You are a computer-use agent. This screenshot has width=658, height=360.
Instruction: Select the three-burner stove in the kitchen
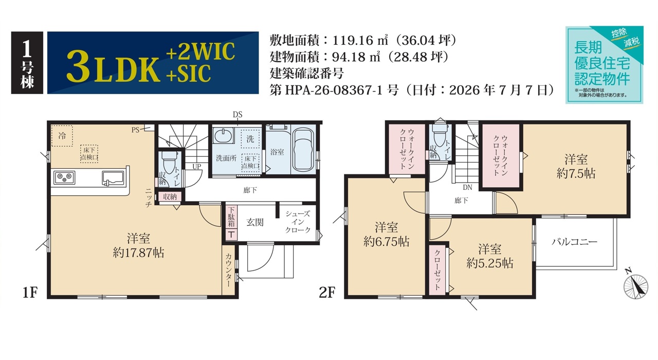64,177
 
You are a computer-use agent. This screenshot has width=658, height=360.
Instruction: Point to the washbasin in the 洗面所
223,135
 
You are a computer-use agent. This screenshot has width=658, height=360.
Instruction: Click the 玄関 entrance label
254,223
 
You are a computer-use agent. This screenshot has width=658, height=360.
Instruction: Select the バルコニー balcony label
574,242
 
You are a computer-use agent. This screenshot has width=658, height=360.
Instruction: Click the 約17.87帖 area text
138,253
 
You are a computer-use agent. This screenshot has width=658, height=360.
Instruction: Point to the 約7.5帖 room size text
576,173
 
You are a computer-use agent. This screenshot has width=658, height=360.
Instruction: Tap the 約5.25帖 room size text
490,263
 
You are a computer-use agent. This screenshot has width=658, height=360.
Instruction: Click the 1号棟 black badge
27,63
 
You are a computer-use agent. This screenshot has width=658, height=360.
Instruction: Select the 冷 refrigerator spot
62,136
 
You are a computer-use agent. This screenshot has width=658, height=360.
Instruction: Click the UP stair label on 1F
197,167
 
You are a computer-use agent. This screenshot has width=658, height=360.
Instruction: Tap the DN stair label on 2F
468,187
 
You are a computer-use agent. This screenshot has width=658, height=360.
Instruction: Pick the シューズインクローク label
298,222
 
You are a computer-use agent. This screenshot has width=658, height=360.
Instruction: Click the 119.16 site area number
353,40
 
